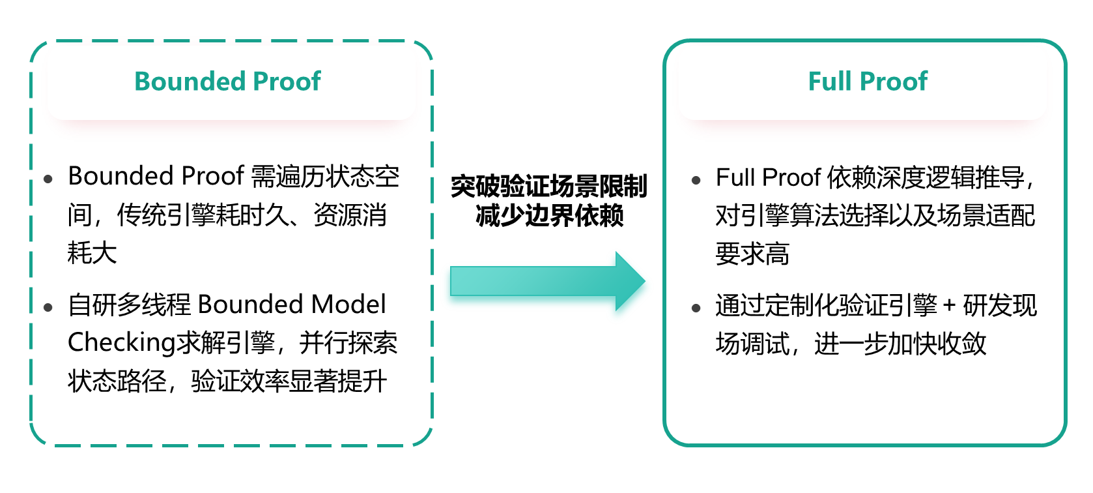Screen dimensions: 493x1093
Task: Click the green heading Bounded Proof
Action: [227, 82]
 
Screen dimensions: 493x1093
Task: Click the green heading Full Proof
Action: [867, 82]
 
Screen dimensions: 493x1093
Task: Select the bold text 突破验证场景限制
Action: [548, 187]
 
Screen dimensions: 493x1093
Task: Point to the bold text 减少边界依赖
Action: [549, 215]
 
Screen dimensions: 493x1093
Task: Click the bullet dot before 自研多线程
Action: [48, 307]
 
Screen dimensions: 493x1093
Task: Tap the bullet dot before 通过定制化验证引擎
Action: [696, 308]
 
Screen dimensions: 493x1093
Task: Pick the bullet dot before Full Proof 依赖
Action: [696, 180]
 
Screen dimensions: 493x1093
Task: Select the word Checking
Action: [121, 343]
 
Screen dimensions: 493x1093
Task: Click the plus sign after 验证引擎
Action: [950, 305]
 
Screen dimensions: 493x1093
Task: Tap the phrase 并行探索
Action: [348, 343]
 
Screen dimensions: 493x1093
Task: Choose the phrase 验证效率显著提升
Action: [289, 381]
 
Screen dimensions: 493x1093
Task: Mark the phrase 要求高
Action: [752, 254]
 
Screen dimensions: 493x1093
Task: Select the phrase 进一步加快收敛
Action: [900, 344]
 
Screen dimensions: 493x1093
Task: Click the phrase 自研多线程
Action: [129, 305]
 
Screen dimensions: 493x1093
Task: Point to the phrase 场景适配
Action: [986, 215]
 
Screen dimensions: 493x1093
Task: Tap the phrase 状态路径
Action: [117, 381]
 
